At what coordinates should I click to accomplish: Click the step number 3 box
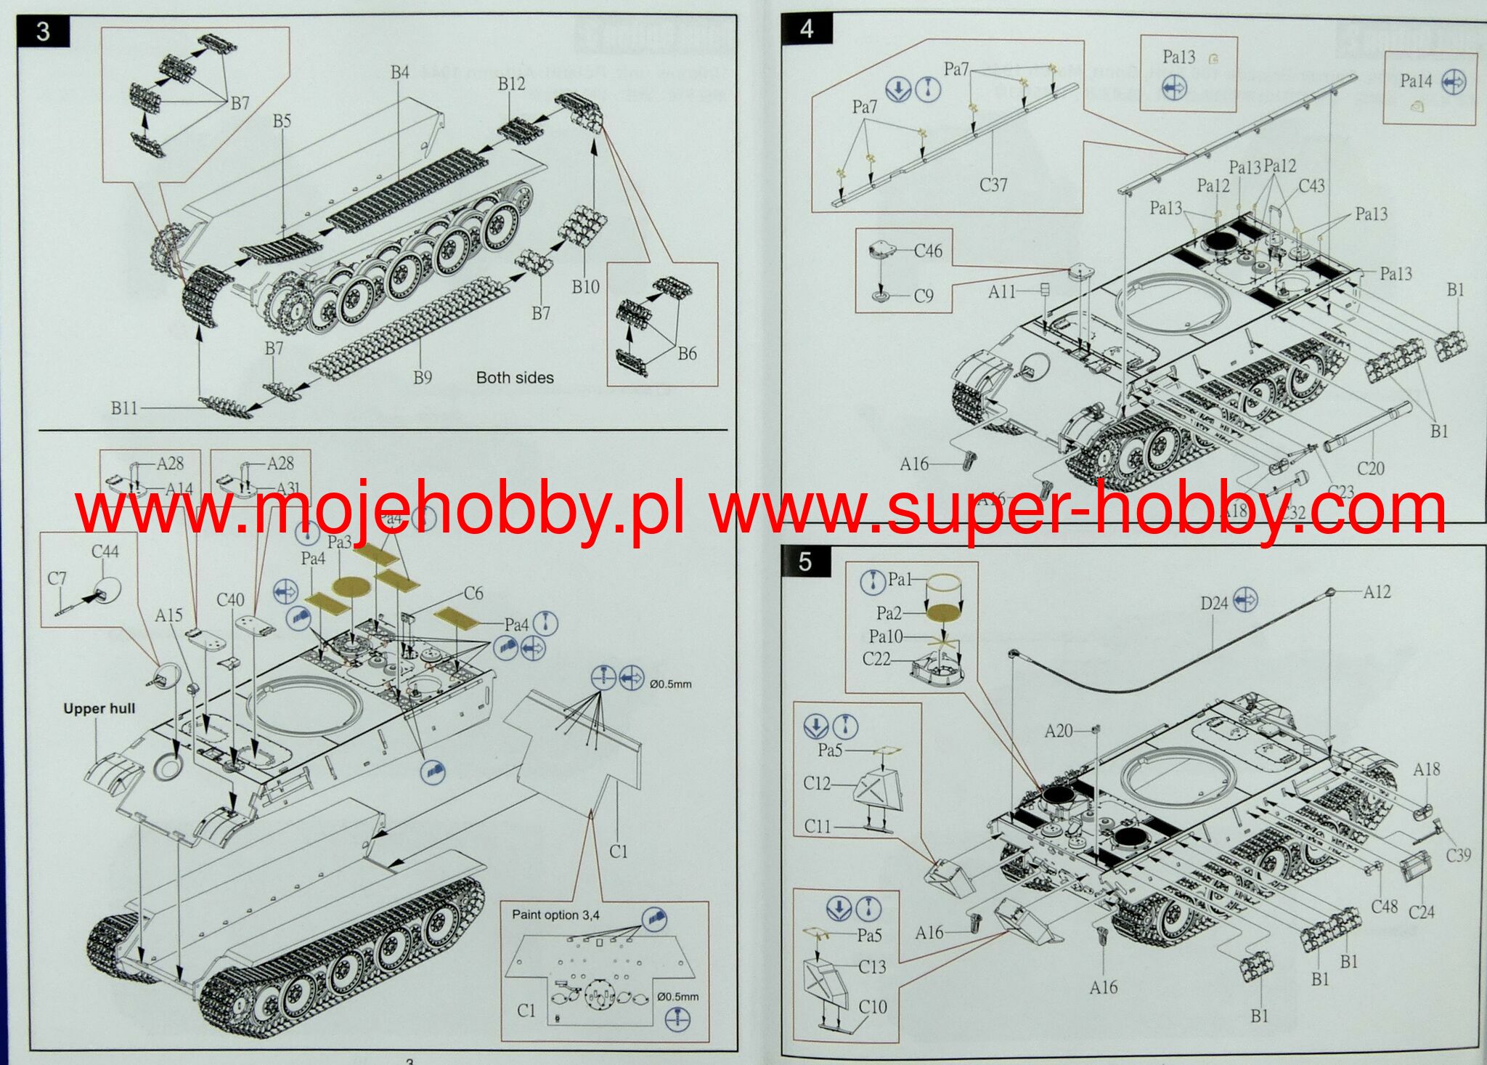coord(44,32)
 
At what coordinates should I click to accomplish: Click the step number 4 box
coord(806,30)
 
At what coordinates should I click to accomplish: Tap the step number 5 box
coord(804,562)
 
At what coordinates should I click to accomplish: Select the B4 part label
coord(400,72)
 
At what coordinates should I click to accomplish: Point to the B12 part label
coord(511,84)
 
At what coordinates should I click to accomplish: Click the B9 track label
coord(423,377)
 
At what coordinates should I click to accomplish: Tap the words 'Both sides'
coord(515,378)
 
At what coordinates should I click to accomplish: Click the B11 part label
coord(124,408)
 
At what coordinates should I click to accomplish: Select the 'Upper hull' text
coord(99,708)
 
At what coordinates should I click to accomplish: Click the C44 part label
coord(105,551)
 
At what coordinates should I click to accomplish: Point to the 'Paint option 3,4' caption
coord(555,915)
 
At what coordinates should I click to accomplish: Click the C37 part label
coord(993,185)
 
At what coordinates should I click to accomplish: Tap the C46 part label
coord(928,251)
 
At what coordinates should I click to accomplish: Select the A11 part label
coord(1002,291)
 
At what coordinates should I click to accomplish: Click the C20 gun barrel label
coord(1371,469)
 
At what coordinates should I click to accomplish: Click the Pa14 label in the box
coord(1416,81)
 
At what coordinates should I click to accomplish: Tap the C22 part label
coord(876,658)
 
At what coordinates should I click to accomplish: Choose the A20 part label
coord(1058,730)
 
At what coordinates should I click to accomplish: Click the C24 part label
coord(1421,911)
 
